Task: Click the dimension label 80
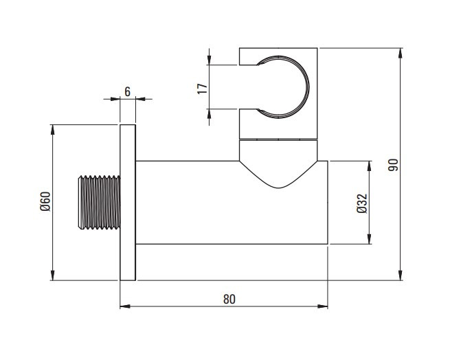229,299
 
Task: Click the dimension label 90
393,165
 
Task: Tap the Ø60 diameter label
45,201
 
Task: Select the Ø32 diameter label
362,203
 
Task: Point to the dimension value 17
202,89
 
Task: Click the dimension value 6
127,92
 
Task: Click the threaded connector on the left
100,203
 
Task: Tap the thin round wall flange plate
128,203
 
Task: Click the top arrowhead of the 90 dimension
401,54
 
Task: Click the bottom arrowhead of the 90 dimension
401,275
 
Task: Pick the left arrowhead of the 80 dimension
125,306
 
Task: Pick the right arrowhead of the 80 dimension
323,306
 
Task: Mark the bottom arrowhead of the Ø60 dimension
52,275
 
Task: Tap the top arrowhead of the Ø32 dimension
369,166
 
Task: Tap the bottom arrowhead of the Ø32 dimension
369,239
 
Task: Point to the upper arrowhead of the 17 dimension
210,60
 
